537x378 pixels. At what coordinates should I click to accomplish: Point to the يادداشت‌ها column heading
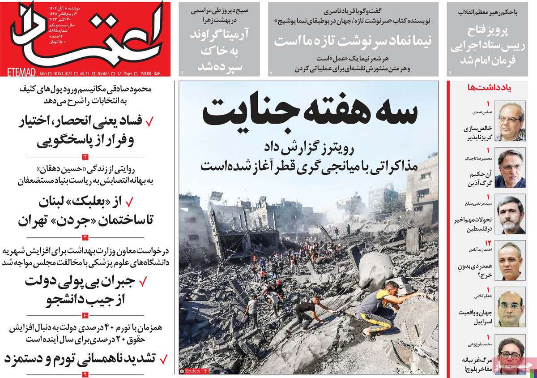[x=487, y=88]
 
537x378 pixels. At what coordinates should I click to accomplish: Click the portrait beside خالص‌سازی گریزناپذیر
[x=511, y=121]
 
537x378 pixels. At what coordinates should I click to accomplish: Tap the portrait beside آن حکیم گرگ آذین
[x=511, y=168]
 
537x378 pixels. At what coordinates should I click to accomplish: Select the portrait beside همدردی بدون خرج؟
[x=511, y=261]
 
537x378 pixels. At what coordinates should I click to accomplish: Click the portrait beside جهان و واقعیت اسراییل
[x=511, y=308]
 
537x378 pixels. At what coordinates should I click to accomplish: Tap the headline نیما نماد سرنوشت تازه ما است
[x=353, y=40]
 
